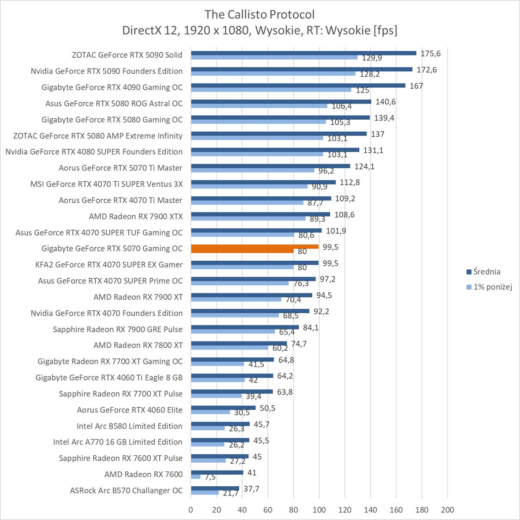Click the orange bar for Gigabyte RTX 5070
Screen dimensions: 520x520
tap(254, 246)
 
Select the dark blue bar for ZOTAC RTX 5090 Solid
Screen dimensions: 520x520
tap(303, 53)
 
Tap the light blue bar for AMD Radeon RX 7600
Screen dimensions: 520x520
tap(196, 477)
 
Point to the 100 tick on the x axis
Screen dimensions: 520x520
tap(319, 510)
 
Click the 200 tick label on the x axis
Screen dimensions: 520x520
tap(447, 510)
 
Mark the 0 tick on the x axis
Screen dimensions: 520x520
tap(191, 510)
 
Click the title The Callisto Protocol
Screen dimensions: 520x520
tap(260, 14)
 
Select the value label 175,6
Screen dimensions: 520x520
tap(430, 54)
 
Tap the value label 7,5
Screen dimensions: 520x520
tap(210, 477)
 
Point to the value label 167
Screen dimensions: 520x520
tap(416, 86)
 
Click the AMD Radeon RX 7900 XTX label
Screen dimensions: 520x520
tap(136, 216)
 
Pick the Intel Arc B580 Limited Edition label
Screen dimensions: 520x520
tap(130, 426)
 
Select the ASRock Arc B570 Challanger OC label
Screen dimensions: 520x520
tap(126, 490)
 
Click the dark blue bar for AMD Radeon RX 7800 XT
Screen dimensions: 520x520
tap(239, 343)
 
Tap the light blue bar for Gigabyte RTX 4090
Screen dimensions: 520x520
tap(271, 90)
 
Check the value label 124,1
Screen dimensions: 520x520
tap(364, 166)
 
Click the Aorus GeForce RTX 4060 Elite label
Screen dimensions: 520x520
tap(130, 410)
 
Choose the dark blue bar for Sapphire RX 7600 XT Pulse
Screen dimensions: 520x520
tap(219, 456)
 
